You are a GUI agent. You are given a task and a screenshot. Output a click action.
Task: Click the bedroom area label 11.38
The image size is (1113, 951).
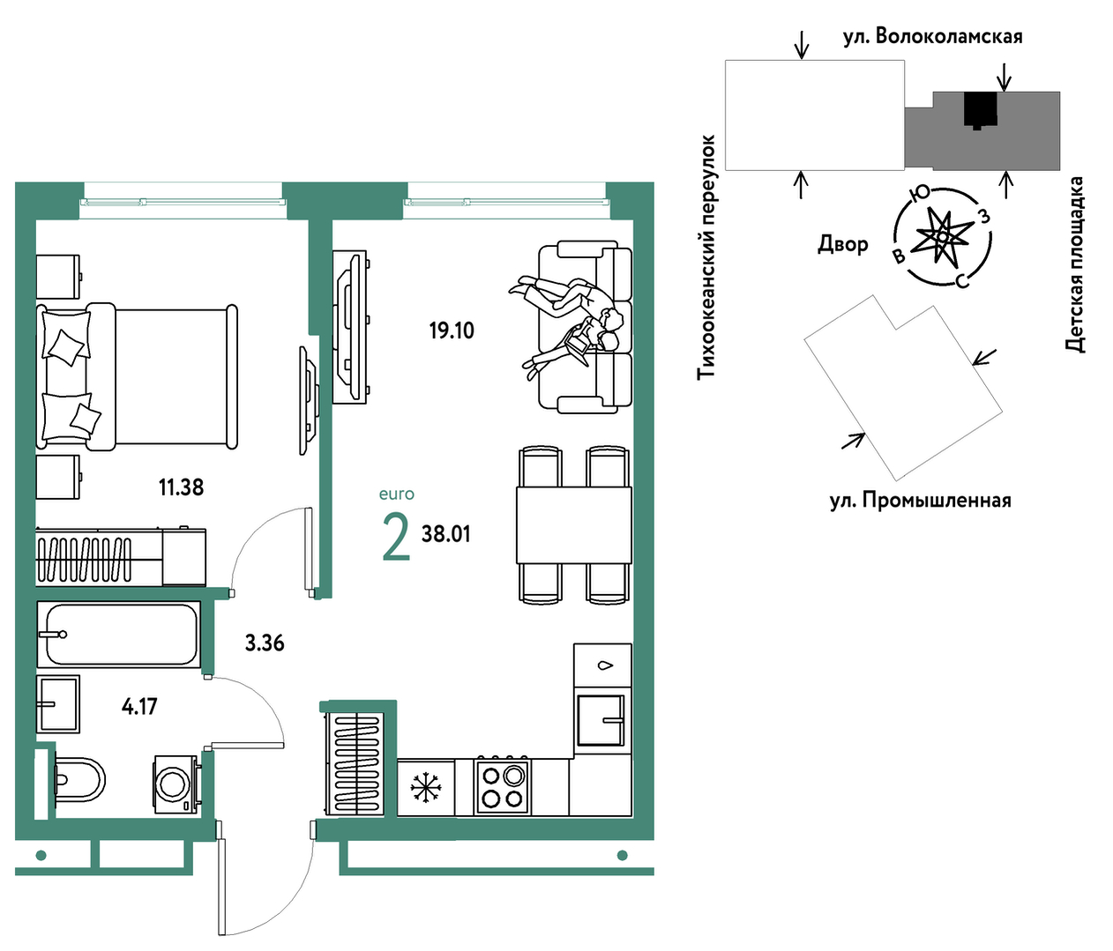(181, 487)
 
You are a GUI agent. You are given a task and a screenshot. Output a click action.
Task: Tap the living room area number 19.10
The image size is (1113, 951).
(452, 331)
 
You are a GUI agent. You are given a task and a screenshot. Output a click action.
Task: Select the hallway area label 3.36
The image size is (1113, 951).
(265, 643)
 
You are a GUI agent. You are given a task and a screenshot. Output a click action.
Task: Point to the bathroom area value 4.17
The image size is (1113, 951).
(139, 706)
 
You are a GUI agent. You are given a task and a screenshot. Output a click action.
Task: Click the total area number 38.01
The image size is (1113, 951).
(446, 534)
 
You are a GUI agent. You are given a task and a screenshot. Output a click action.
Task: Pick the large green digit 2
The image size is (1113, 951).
(396, 537)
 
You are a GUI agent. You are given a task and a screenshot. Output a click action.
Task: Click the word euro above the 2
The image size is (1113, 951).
(397, 494)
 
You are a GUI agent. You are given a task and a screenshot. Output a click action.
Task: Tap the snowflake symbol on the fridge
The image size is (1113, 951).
(426, 788)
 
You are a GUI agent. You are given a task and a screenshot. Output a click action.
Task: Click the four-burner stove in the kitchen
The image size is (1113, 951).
(501, 787)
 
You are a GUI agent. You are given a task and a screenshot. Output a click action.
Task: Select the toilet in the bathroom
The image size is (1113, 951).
(79, 780)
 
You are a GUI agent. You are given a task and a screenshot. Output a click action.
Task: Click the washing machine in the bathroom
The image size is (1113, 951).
(176, 784)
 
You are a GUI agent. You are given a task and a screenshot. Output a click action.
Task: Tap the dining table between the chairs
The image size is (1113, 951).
(574, 524)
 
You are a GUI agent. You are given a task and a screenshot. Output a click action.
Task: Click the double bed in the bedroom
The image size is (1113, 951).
(137, 376)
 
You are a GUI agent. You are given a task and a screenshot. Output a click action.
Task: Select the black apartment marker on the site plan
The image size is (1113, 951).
(980, 110)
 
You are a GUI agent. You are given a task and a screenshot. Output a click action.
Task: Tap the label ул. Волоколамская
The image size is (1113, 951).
(933, 37)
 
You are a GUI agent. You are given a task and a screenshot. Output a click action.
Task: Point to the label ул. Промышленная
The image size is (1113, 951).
(921, 501)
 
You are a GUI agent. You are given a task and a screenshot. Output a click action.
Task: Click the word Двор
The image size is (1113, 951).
(843, 244)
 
